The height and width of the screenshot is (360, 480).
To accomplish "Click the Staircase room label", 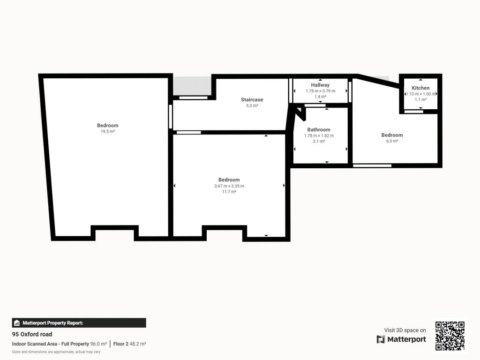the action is (252, 99).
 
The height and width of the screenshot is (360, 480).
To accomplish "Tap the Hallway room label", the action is (320, 85).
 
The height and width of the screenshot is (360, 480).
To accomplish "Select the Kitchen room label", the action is (420, 88).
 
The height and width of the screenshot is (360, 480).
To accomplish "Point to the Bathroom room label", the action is (319, 129).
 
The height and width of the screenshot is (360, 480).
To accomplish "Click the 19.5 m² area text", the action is (108, 131).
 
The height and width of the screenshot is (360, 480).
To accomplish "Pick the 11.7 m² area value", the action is (229, 192).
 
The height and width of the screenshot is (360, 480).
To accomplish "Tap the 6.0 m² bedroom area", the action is (392, 141).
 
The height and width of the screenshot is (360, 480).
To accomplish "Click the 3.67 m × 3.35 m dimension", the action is (229, 186).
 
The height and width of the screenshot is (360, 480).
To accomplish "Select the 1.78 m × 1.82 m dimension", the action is (319, 135).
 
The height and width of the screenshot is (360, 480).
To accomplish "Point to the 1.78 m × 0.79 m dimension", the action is (320, 91).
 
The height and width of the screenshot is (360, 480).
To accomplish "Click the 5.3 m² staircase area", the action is (252, 105).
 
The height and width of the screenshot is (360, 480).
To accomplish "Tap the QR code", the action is (450, 336).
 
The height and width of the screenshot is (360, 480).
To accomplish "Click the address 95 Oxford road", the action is (32, 334).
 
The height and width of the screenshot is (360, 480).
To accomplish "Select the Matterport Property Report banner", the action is (79, 323).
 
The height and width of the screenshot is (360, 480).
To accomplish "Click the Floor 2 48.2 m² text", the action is (129, 344).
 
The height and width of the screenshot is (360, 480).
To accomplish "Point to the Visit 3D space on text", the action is (405, 330).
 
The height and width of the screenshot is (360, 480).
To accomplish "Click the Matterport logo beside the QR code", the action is (401, 339).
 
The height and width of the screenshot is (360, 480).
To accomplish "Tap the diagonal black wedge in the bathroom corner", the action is (300, 113).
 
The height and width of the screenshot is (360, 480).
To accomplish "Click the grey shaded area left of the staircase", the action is (192, 86).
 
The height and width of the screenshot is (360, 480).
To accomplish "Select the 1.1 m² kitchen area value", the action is (420, 100).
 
